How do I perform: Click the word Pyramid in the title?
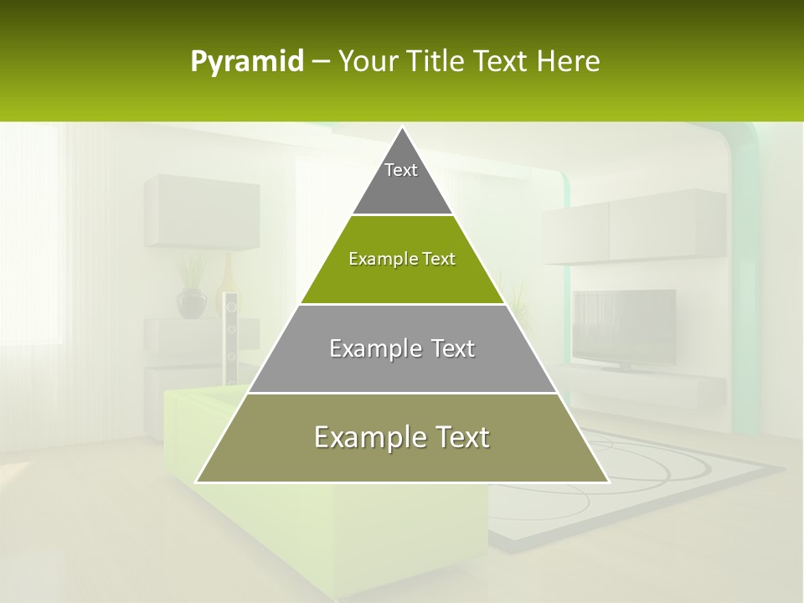click(247, 62)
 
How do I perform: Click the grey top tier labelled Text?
click(402, 180)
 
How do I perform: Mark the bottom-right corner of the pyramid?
click(608, 482)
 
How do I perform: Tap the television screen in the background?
click(625, 327)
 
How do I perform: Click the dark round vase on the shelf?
click(191, 303)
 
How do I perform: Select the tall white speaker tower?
click(230, 339)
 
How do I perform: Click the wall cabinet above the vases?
click(201, 212)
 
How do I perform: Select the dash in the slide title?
click(321, 62)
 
